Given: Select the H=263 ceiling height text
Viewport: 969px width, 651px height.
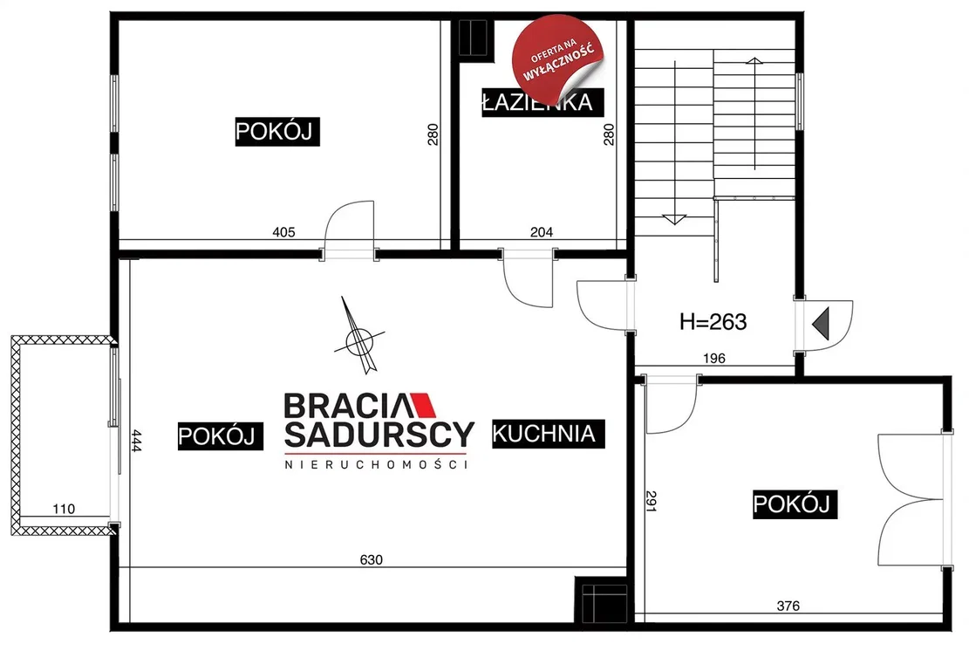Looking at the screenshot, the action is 713,321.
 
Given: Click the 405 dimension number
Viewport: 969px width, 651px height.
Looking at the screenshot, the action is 283,232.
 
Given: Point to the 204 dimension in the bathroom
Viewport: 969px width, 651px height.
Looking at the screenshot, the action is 542,232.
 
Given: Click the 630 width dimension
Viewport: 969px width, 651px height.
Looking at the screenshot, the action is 371,559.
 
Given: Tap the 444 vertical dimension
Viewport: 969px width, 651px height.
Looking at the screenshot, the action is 137,442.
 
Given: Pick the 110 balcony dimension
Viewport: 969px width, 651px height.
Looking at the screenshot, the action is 64,509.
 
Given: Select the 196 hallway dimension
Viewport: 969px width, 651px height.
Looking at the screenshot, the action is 713,358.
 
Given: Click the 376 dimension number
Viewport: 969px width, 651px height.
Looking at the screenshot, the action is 788,606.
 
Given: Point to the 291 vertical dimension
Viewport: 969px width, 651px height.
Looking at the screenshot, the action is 651,501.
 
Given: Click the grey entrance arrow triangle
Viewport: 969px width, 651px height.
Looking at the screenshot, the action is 822,324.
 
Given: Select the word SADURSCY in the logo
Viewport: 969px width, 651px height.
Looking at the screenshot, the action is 379,434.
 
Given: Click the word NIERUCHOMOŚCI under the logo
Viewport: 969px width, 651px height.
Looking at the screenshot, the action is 376,464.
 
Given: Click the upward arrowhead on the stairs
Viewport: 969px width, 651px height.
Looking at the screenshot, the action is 754,60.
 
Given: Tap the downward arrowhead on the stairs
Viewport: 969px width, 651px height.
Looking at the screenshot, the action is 674,219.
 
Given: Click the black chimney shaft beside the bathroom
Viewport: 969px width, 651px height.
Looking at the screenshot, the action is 474,38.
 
